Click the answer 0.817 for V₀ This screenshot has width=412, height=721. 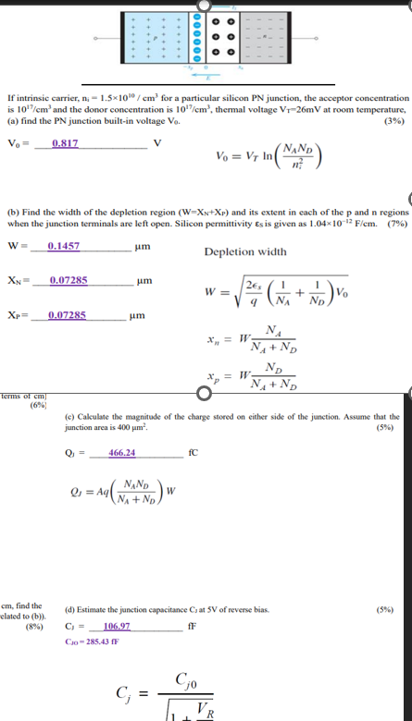[x=66, y=144]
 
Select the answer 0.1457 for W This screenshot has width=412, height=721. [x=64, y=246]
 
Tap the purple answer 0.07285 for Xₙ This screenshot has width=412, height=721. [x=69, y=279]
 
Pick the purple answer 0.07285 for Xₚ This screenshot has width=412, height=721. [x=68, y=315]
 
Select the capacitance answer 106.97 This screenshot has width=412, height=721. [x=117, y=627]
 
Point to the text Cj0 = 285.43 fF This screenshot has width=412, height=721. [x=94, y=641]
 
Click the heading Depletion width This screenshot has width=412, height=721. [x=245, y=251]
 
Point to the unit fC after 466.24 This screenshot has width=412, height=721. [x=194, y=453]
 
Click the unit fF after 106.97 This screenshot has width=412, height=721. [x=191, y=627]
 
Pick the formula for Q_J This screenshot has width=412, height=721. [x=120, y=491]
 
